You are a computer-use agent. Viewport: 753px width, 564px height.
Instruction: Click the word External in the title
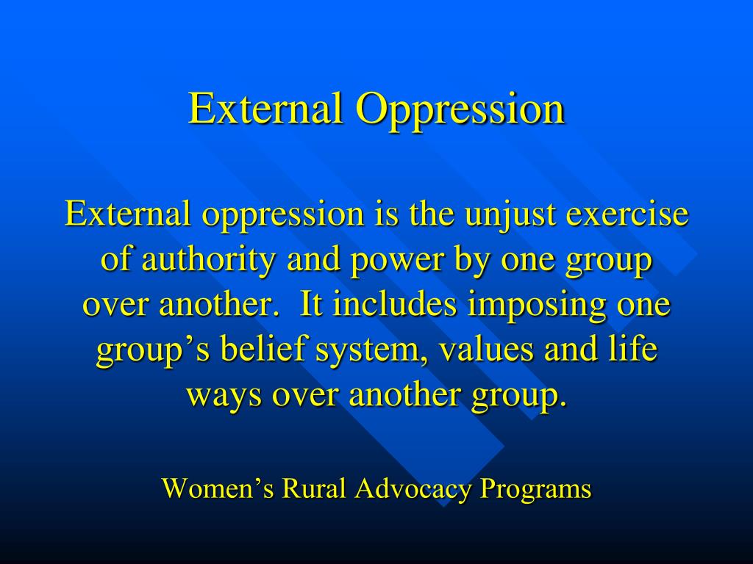click(x=267, y=109)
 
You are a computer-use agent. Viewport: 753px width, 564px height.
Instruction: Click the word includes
click(x=396, y=305)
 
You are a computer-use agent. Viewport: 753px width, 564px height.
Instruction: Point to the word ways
click(x=224, y=396)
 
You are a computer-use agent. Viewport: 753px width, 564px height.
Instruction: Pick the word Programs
click(x=535, y=489)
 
